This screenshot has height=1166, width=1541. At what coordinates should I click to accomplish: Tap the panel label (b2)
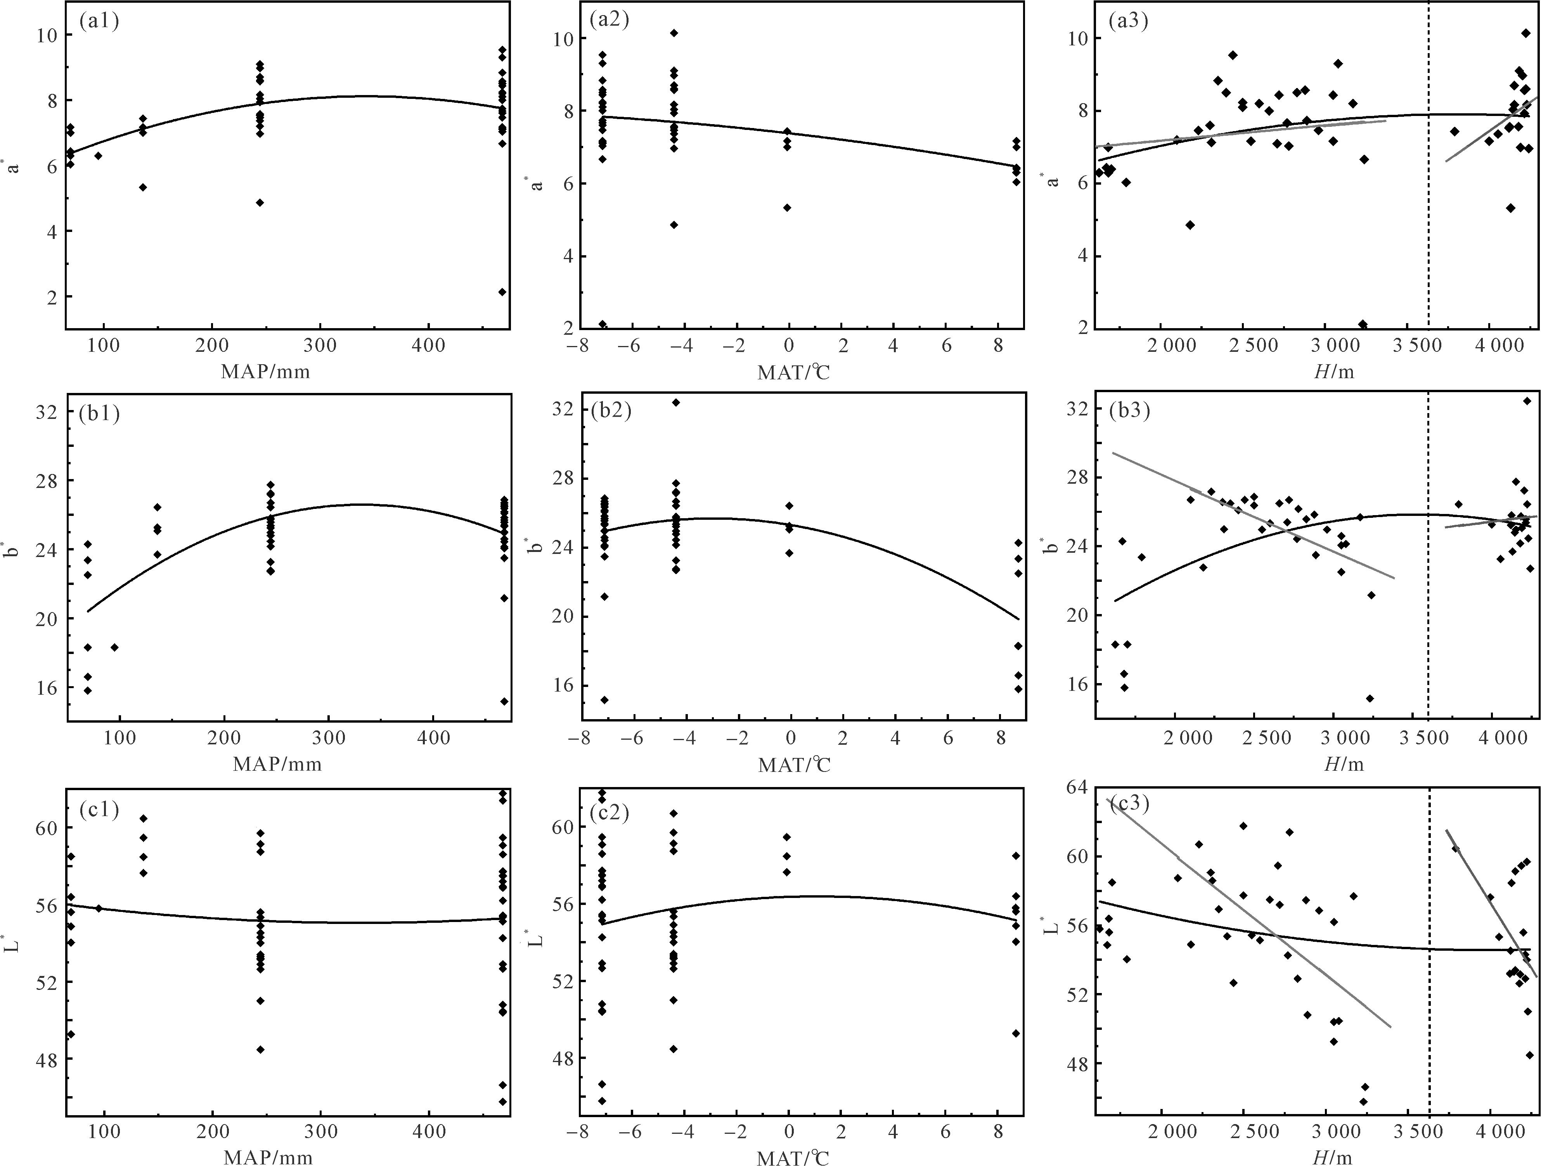click(610, 410)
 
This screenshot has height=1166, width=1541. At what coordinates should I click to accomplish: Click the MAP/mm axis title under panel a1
click(265, 371)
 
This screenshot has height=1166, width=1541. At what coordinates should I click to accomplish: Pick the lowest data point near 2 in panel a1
click(502, 292)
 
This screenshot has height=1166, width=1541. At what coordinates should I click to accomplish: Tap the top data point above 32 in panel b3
click(1526, 401)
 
